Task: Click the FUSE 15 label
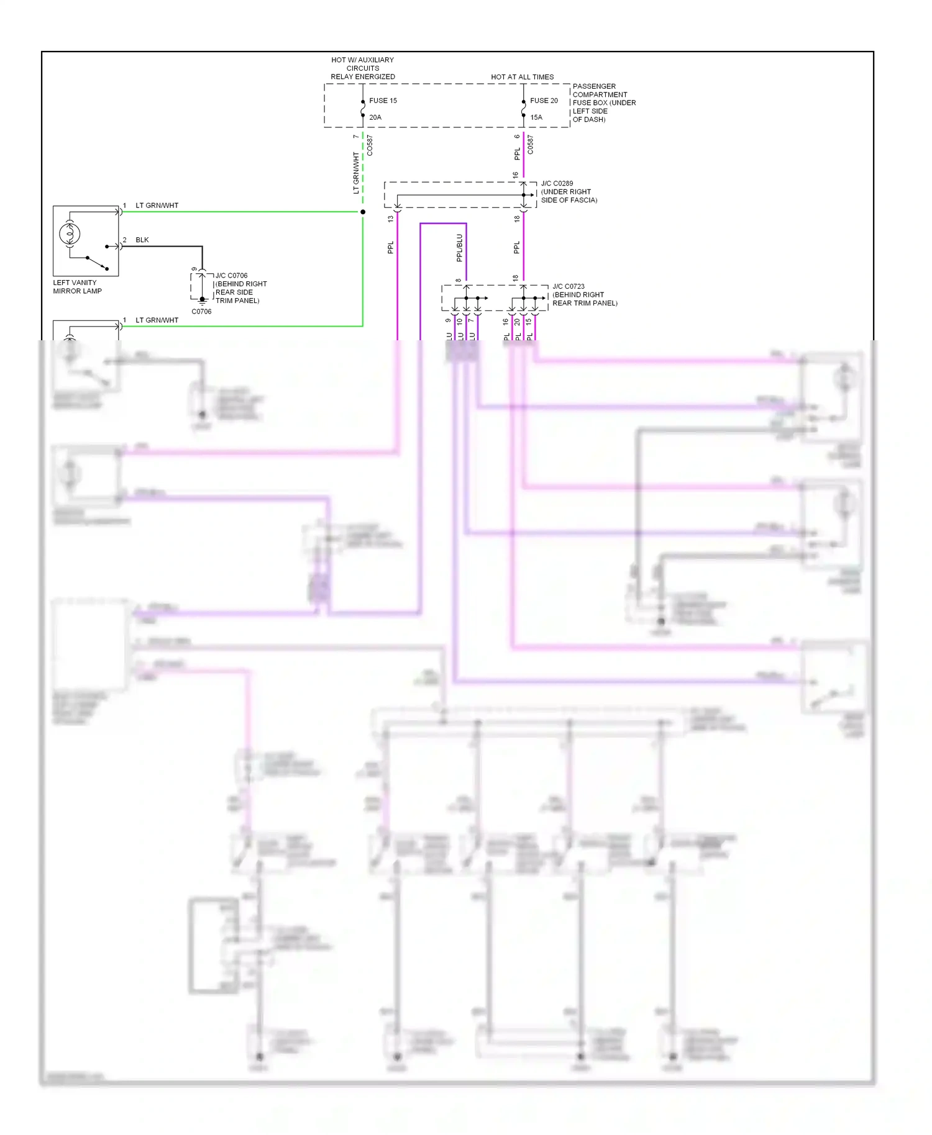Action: pos(383,101)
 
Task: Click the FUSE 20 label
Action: pos(544,101)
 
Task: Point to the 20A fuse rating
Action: pos(375,117)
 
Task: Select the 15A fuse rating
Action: pos(536,117)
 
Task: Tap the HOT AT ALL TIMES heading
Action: pos(522,77)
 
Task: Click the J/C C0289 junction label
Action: pos(557,184)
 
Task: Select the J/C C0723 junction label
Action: pos(569,287)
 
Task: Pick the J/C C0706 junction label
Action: pos(231,276)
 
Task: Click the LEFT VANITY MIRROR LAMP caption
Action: pos(77,287)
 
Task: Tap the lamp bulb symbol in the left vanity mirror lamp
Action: pos(70,234)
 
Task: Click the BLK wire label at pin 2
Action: pos(142,240)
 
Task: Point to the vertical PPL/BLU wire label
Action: pos(460,248)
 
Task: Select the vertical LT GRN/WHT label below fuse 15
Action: pos(356,173)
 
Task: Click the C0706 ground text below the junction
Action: pos(201,312)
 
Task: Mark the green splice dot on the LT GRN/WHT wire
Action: pos(363,212)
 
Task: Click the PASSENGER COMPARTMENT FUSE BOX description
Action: pos(603,103)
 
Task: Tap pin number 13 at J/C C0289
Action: pos(391,219)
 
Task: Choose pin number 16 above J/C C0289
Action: pos(516,176)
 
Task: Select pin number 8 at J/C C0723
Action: pos(459,281)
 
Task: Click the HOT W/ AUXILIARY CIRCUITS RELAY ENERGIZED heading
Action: pos(363,68)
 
